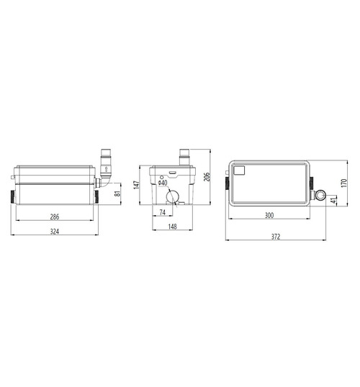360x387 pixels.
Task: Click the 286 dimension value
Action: coord(55,217)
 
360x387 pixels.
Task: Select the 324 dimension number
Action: coord(55,232)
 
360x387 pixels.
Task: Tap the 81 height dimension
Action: coord(118,193)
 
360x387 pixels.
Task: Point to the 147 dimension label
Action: coord(136,185)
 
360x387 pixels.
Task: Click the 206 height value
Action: coord(207,177)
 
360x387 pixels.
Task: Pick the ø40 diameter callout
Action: coord(163,183)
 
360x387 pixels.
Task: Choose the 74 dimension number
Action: coord(162,212)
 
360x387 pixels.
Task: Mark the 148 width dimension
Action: coord(173,227)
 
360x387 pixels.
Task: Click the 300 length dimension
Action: coord(269,216)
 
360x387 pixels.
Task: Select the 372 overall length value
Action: coord(276,237)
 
